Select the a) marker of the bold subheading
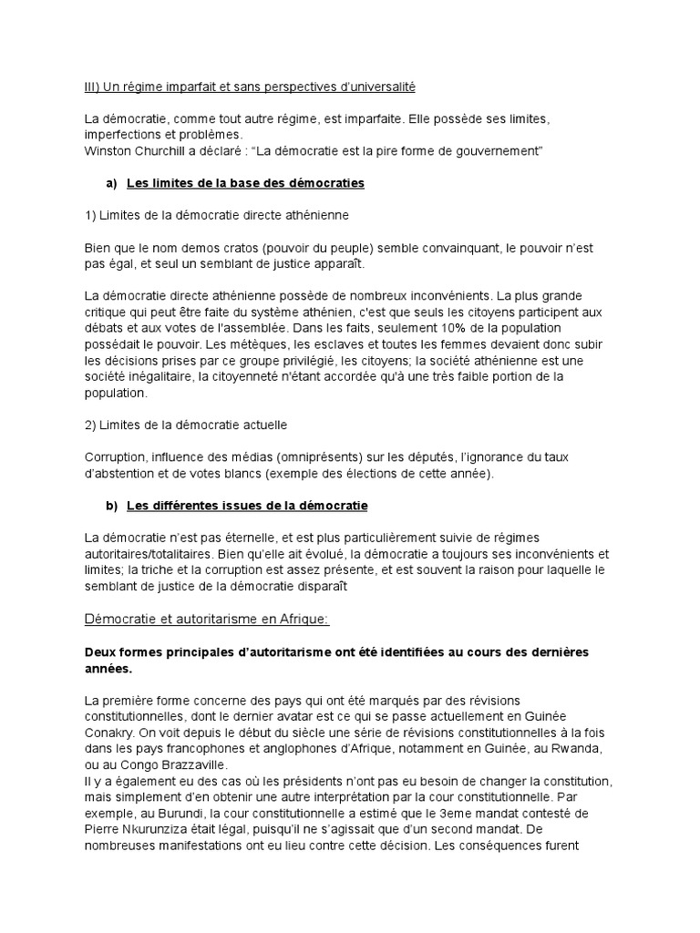click(111, 183)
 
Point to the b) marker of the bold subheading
click(111, 504)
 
